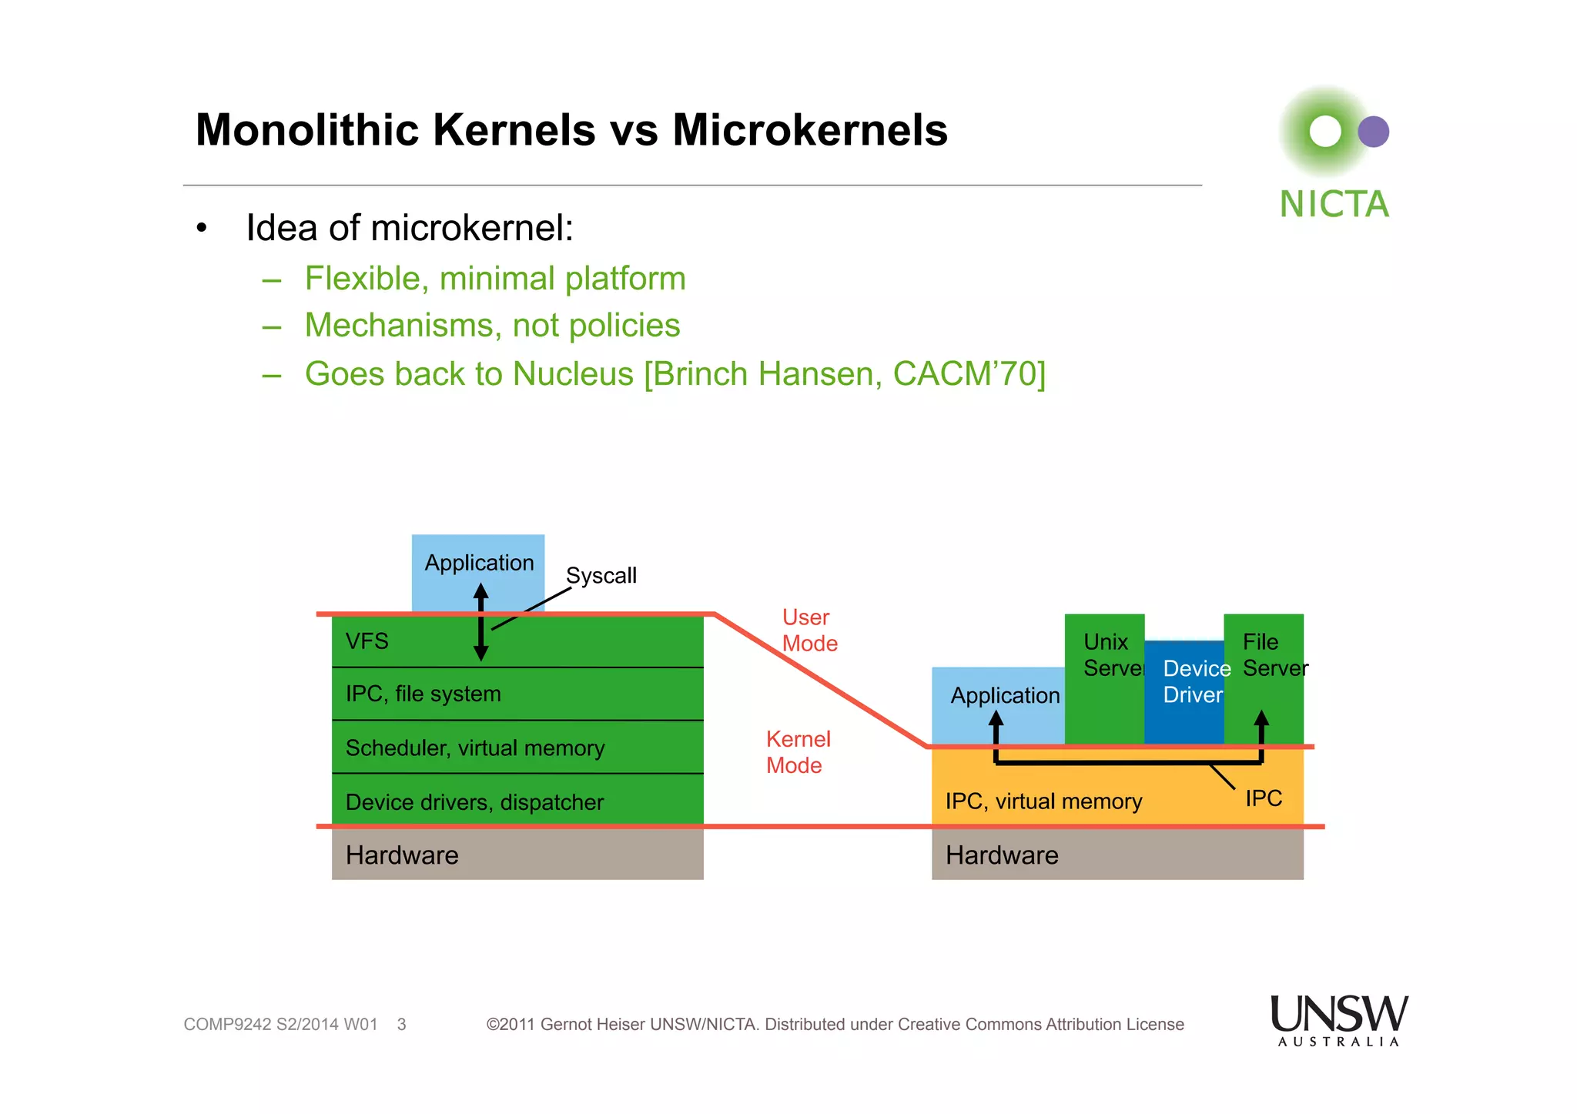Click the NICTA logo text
(x=1334, y=205)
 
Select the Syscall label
(x=601, y=576)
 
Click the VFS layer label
(x=367, y=641)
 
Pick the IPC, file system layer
(x=423, y=694)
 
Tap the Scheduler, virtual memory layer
(x=475, y=748)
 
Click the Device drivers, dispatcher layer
(x=474, y=802)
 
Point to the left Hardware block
(x=517, y=855)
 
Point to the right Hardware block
(x=1117, y=855)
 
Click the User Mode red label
(x=809, y=631)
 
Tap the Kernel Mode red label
(x=798, y=752)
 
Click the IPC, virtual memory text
(x=1043, y=801)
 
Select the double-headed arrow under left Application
(x=481, y=622)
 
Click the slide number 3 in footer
(x=401, y=1025)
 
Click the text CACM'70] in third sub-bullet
(x=969, y=374)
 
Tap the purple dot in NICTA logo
(x=1373, y=132)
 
